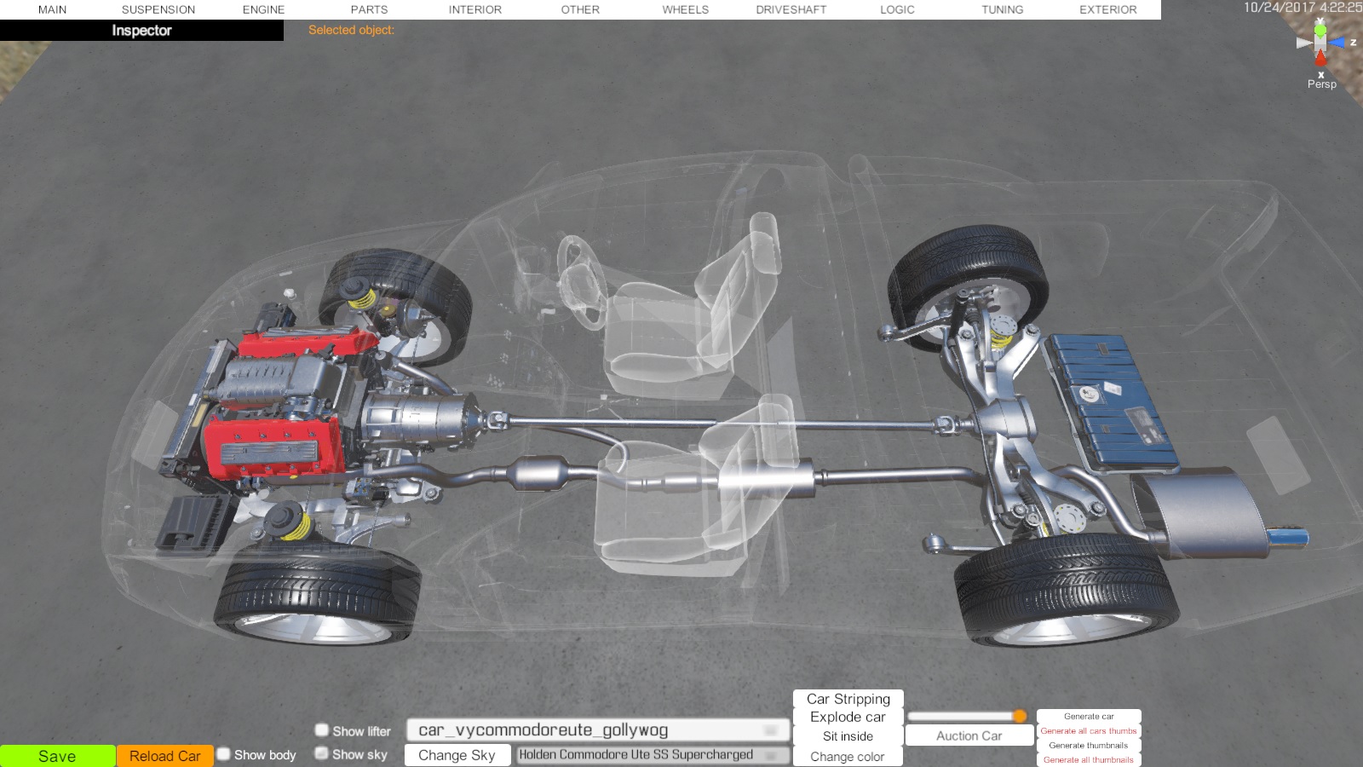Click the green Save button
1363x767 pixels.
click(x=57, y=756)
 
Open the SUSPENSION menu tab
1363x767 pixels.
click(x=158, y=9)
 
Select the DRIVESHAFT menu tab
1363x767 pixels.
click(x=791, y=9)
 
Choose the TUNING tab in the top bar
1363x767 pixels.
click(x=1002, y=9)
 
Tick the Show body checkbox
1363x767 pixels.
click(x=224, y=754)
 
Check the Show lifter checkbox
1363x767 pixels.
click(x=321, y=730)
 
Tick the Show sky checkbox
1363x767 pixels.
click(x=321, y=753)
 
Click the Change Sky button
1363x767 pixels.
click(x=457, y=755)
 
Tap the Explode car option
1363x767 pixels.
click(x=848, y=717)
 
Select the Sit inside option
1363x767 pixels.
click(x=848, y=736)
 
